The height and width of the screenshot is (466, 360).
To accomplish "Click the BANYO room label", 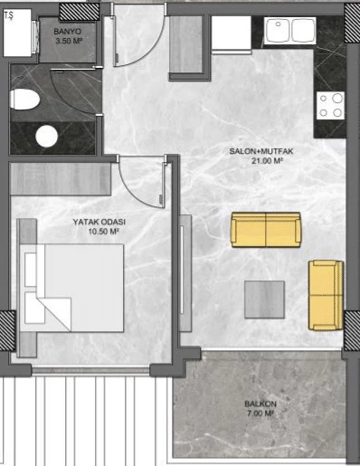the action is pos(67,32).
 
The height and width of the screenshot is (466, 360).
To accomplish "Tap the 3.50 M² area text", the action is pos(69,41).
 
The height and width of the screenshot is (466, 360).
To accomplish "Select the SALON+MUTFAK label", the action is pos(261,151).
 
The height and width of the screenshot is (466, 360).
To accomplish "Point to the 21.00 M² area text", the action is pos(267,161).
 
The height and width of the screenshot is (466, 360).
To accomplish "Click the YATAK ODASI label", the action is pos(99,222).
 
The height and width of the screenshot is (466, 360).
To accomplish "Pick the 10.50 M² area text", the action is pos(102,232).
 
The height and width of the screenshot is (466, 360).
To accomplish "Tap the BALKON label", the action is pos(261,404).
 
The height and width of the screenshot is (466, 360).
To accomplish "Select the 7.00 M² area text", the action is pos(261,414).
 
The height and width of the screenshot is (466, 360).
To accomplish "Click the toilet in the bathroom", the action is pos(24,100).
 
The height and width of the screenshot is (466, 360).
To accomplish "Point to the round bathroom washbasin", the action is pos(46,137).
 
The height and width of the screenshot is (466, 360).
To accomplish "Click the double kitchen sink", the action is pos(290,31).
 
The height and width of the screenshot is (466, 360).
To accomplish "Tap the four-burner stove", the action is pos(330,106).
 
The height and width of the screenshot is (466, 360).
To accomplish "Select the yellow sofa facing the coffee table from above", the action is pos(266,230).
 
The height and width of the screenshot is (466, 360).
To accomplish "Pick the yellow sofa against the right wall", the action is pos(326,295).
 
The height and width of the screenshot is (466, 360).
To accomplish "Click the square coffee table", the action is pos(264,300).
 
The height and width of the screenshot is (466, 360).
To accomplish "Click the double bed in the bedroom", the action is pos(72,288).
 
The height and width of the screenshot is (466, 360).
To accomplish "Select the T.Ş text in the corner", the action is pos(9,15).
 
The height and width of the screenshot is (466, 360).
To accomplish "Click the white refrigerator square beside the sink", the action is pos(232,33).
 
